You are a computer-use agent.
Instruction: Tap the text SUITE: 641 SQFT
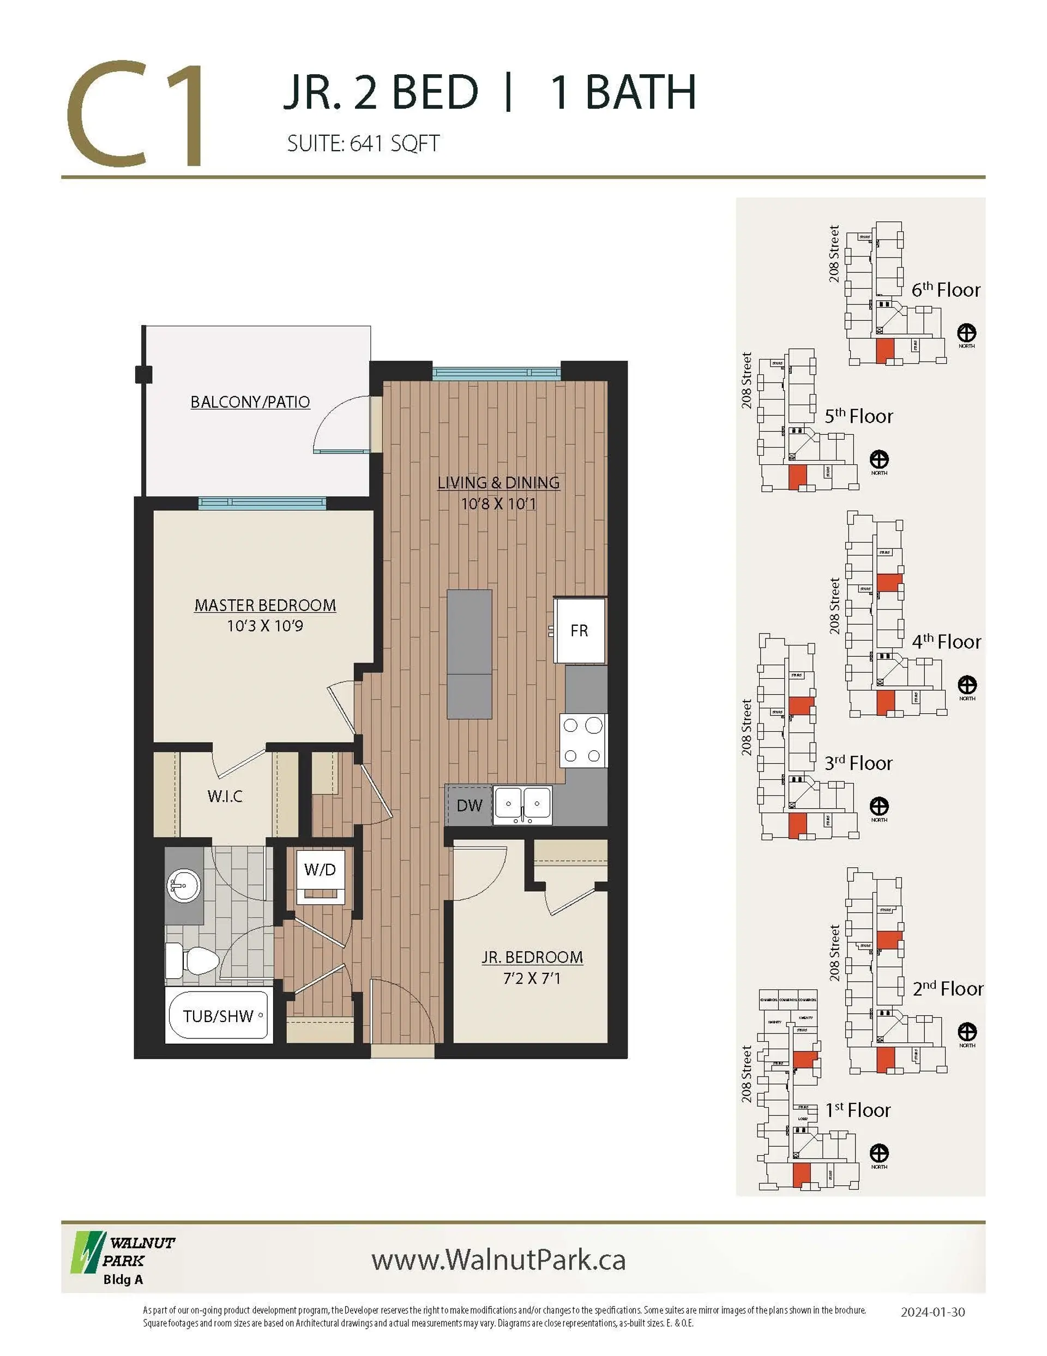363,144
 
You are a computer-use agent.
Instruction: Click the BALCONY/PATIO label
250,402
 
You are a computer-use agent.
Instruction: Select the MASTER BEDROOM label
265,605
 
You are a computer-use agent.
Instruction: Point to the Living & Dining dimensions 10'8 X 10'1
498,504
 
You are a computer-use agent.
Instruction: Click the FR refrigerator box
579,631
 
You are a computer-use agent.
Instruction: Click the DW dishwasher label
469,806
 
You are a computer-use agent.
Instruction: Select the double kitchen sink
522,805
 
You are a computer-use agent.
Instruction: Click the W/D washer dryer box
320,869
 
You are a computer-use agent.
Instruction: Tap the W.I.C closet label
225,797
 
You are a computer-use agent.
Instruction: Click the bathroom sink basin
184,884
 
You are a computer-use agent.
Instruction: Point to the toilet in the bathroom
192,961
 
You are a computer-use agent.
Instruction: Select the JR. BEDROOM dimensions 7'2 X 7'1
532,979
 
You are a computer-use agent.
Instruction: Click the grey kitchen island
469,654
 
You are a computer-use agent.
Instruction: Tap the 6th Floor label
945,290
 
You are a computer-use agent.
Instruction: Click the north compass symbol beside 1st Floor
879,1154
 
